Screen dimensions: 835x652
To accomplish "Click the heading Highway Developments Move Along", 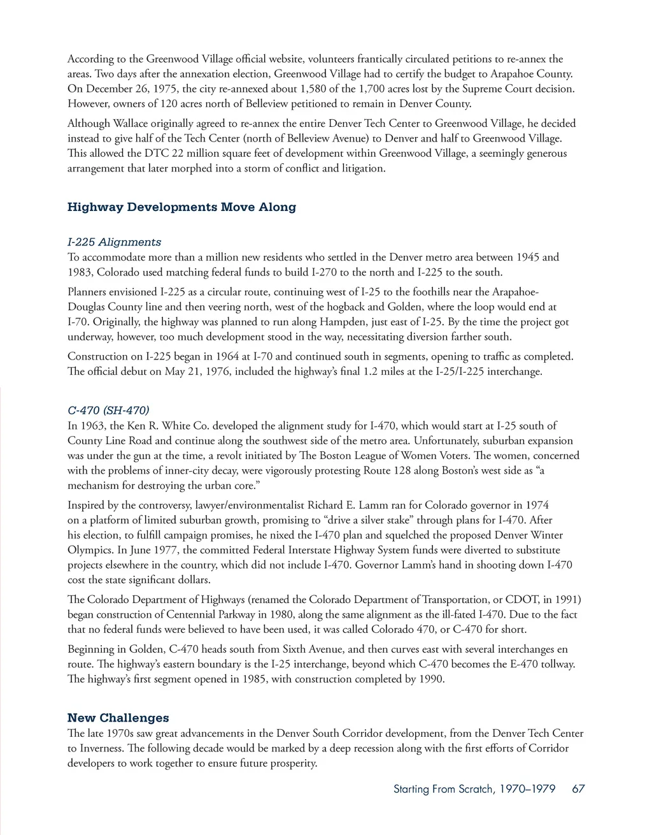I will (181, 207).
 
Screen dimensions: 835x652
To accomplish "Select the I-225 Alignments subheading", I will (114, 242).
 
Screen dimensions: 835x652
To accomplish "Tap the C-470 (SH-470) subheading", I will (108, 410).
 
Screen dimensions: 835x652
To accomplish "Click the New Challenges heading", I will (118, 718).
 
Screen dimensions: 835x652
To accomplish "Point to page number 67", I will (578, 789).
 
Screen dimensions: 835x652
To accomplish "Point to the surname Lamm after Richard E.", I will (374, 505).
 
